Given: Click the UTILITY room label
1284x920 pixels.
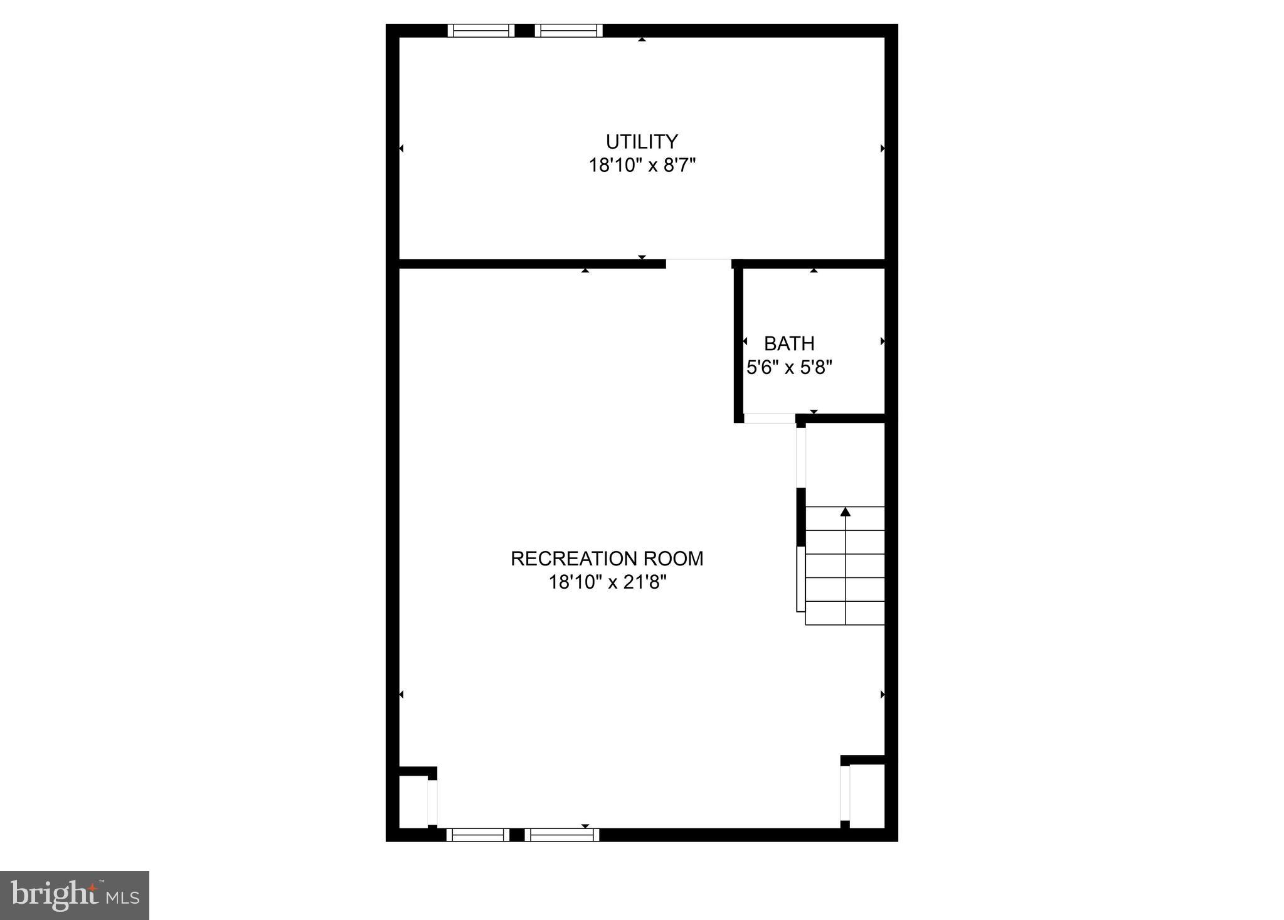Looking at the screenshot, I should (x=641, y=142).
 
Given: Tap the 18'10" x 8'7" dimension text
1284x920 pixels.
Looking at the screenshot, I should (x=642, y=166).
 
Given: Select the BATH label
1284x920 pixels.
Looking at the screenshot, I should (x=788, y=344).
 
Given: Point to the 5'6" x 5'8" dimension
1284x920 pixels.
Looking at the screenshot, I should (x=788, y=368).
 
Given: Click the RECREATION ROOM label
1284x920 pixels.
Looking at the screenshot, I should (x=607, y=559).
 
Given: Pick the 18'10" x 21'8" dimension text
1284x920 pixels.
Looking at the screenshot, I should (x=607, y=583).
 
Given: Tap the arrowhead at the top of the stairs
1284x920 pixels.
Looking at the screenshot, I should (x=845, y=512).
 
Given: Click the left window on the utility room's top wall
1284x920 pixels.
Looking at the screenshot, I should (x=480, y=31).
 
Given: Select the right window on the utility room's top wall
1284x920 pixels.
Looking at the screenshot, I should (x=568, y=31).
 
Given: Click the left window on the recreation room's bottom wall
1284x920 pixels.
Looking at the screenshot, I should (x=477, y=835).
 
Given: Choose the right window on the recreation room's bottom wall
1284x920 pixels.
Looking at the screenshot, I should (x=561, y=835).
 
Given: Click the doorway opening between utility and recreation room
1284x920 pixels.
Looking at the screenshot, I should (x=698, y=264).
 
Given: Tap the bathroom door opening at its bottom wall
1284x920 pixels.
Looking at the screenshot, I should (x=769, y=418).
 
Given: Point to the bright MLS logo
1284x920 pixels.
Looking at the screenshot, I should (x=75, y=895).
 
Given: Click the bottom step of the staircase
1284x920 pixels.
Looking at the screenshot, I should (x=844, y=613).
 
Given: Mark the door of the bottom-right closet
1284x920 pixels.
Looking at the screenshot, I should (x=844, y=793).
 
